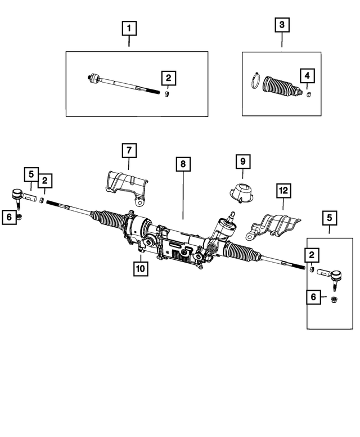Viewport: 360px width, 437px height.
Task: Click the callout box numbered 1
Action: tap(130, 27)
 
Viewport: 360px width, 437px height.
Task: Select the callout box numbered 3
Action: tap(282, 25)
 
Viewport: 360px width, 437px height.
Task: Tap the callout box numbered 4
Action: tap(307, 75)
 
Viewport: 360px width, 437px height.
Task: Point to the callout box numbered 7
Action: tap(128, 150)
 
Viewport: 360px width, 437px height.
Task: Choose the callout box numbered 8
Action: tap(183, 165)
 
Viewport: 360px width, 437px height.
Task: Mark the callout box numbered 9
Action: tap(242, 162)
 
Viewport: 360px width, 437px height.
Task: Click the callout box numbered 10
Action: tap(139, 268)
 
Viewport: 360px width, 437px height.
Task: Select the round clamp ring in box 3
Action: tap(255, 80)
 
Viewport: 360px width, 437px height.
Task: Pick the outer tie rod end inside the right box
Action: tap(331, 276)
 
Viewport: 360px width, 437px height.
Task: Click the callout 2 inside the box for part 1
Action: tap(168, 78)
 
